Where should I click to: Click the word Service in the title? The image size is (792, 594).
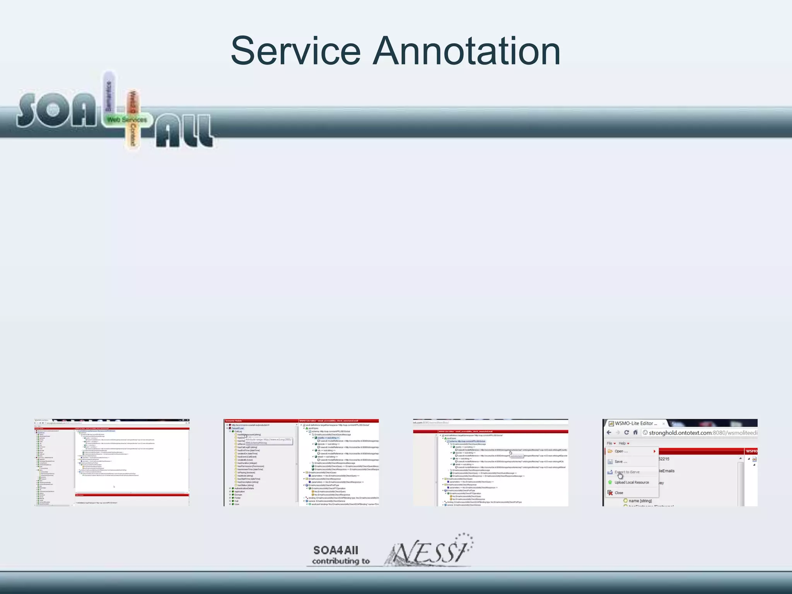pyautogui.click(x=295, y=51)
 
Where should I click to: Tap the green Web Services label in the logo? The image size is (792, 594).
pyautogui.click(x=127, y=119)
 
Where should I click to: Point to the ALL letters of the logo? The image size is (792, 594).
pyautogui.click(x=184, y=131)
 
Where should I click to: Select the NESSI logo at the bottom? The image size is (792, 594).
pyautogui.click(x=429, y=551)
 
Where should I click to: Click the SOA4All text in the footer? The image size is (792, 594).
pyautogui.click(x=336, y=550)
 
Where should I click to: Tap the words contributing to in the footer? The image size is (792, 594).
pyautogui.click(x=341, y=561)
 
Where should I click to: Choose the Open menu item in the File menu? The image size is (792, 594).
pyautogui.click(x=621, y=451)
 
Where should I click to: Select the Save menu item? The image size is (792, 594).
pyautogui.click(x=621, y=462)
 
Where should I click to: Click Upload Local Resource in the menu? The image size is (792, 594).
pyautogui.click(x=632, y=482)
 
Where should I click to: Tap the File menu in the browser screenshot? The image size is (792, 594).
pyautogui.click(x=610, y=443)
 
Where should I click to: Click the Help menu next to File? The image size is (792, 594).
pyautogui.click(x=623, y=443)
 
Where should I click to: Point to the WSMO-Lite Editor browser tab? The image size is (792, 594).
pyautogui.click(x=636, y=423)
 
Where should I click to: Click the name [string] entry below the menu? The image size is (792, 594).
pyautogui.click(x=640, y=501)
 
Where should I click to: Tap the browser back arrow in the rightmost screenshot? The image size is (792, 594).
pyautogui.click(x=609, y=433)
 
